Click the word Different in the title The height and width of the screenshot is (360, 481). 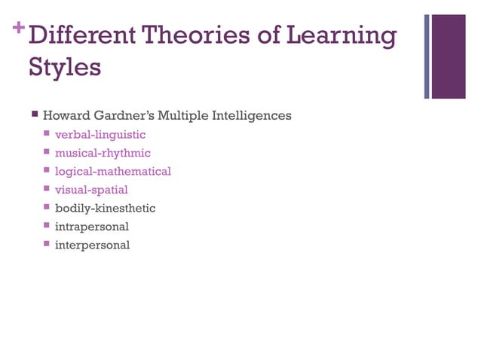(84, 35)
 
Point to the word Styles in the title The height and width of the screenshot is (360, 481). (65, 68)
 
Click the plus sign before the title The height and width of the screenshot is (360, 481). (19, 28)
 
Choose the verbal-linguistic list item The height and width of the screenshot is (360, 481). (100, 135)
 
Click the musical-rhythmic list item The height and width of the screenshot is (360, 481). (103, 153)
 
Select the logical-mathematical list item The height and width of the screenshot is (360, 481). (113, 172)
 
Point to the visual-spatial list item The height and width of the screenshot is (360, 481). (91, 190)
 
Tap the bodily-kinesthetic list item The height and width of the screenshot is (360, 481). (105, 208)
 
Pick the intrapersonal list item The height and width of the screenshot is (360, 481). (92, 227)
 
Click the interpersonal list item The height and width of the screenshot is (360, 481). (92, 245)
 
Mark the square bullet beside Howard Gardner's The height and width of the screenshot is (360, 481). (35, 115)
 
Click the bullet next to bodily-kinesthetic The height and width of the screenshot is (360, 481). (47, 207)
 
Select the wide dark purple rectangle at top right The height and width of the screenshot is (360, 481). (449, 56)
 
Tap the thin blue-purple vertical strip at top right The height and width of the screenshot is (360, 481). (427, 56)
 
